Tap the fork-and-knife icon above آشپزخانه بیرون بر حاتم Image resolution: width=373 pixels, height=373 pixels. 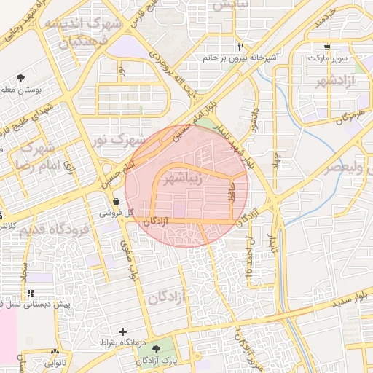(240, 47)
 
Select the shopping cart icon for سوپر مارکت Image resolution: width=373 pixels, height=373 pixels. (327, 45)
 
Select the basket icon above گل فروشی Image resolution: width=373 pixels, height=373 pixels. (116, 202)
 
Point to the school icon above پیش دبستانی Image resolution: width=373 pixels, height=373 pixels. (31, 293)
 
